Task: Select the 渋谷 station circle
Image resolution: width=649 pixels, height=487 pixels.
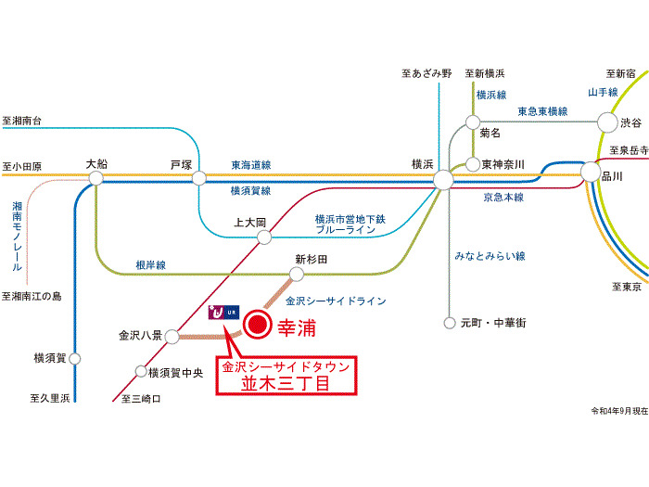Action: pyautogui.click(x=607, y=122)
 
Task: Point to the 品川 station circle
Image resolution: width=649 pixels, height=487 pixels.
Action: pyautogui.click(x=591, y=172)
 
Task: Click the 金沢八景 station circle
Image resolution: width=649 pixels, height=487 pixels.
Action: pyautogui.click(x=172, y=336)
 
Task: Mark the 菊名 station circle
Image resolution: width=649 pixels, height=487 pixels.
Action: pyautogui.click(x=473, y=122)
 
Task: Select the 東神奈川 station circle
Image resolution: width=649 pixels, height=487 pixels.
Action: pyautogui.click(x=473, y=164)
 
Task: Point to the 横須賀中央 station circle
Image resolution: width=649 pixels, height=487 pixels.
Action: pyautogui.click(x=141, y=373)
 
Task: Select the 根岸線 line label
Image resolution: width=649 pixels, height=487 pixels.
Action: pyautogui.click(x=149, y=264)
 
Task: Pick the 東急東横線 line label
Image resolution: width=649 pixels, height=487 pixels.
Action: pyautogui.click(x=542, y=111)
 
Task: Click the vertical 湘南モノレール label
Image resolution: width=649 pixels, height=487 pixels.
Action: pyautogui.click(x=17, y=236)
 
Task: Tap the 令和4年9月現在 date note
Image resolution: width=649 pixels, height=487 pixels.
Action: pyautogui.click(x=618, y=409)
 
